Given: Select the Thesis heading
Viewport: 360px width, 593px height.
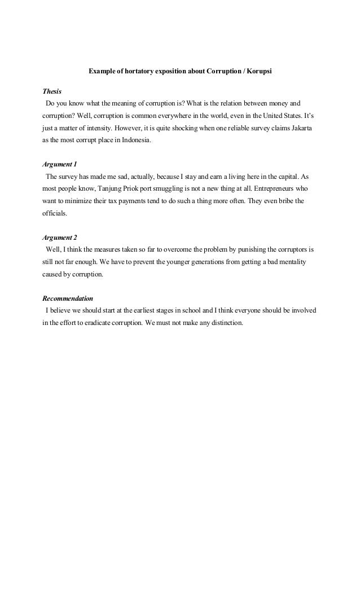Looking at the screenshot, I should coord(52,91).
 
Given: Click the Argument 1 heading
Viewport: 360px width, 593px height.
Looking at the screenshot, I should coord(60,164).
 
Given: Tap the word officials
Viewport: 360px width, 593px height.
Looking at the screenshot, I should coord(55,213).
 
